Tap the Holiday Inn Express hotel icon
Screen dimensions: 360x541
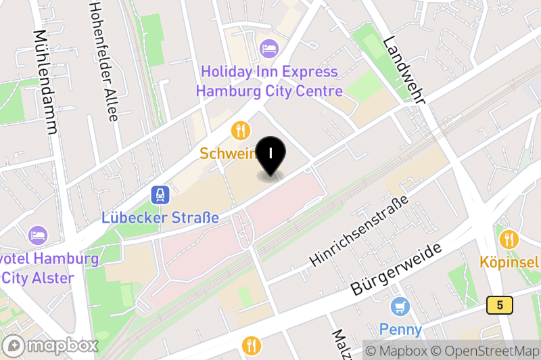click(x=268, y=49)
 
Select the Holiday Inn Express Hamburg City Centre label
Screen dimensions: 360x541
click(x=268, y=81)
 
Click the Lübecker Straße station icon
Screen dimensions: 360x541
click(x=160, y=196)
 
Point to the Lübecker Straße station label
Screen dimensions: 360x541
click(x=160, y=218)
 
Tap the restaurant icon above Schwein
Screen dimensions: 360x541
click(x=240, y=130)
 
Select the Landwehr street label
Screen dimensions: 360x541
click(x=403, y=70)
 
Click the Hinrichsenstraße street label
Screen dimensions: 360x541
click(x=359, y=231)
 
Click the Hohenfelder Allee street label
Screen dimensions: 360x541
click(x=103, y=61)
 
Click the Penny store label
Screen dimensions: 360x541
click(x=400, y=330)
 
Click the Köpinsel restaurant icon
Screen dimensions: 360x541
click(x=509, y=239)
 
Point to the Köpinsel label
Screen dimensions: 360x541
click(x=510, y=262)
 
